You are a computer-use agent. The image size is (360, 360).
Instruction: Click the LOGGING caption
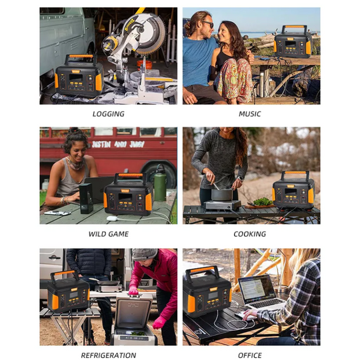click(108, 114)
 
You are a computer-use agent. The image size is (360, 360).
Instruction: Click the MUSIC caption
click(250, 114)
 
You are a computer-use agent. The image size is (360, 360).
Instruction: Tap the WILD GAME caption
click(108, 234)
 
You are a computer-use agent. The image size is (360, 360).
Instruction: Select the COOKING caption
click(250, 234)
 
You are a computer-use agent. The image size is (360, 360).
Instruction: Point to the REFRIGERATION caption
click(108, 355)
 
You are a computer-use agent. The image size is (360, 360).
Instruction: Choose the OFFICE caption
click(250, 355)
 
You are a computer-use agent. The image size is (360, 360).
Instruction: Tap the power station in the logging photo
click(79, 76)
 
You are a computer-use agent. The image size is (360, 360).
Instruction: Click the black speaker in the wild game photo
click(86, 199)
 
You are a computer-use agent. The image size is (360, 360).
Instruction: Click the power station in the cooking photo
click(293, 189)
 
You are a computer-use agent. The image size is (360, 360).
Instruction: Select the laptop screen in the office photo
click(255, 289)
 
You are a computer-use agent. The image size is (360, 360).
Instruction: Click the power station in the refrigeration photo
click(68, 291)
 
